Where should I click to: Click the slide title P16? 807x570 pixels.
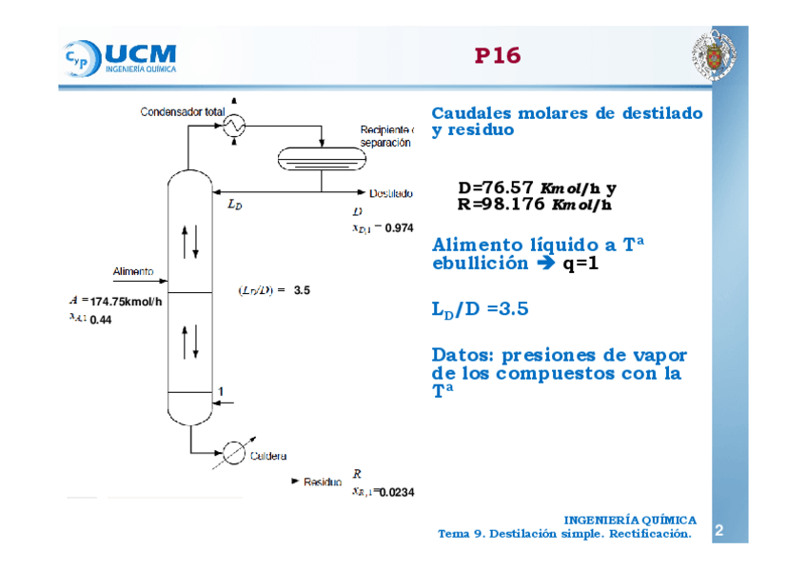click(498, 56)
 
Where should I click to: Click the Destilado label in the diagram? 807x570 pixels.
click(391, 193)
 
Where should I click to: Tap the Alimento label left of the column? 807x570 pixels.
click(133, 271)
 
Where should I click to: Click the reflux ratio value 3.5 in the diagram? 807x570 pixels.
click(303, 290)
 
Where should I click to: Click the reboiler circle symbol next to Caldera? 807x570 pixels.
click(231, 454)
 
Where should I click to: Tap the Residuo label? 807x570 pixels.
click(322, 482)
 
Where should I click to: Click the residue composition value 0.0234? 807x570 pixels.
click(396, 492)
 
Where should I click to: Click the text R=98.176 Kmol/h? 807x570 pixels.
click(534, 204)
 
